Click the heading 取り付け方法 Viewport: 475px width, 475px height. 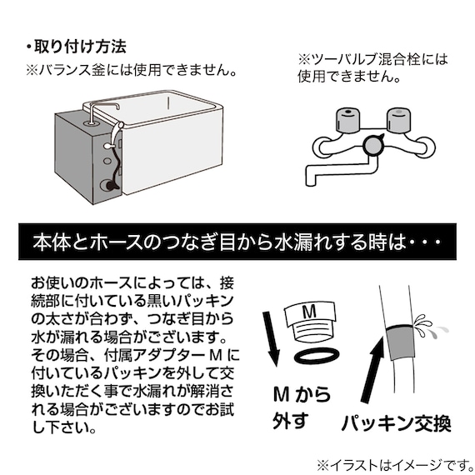coord(79,45)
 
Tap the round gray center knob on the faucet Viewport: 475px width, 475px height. coord(372,147)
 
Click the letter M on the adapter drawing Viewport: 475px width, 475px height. coord(309,311)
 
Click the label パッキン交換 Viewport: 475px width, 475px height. coord(395,422)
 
